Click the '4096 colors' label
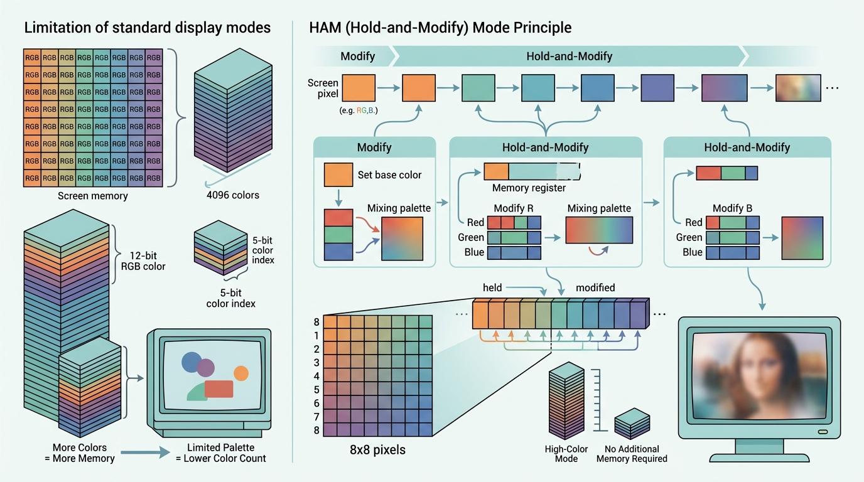point(232,195)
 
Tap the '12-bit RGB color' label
point(143,260)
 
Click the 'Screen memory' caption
point(92,196)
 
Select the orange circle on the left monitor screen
point(241,373)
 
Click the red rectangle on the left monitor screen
point(219,389)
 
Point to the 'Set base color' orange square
point(338,175)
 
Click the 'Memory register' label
point(529,188)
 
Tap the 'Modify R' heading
point(514,208)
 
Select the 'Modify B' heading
point(732,208)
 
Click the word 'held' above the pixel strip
point(492,287)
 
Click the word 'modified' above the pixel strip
point(595,287)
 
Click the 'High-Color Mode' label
point(566,454)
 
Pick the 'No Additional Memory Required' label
point(632,454)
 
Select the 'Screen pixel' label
point(323,88)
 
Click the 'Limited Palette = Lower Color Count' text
point(221,453)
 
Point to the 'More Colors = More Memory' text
point(84,453)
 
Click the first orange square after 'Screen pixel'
point(359,88)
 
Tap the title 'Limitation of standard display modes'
point(147,28)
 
